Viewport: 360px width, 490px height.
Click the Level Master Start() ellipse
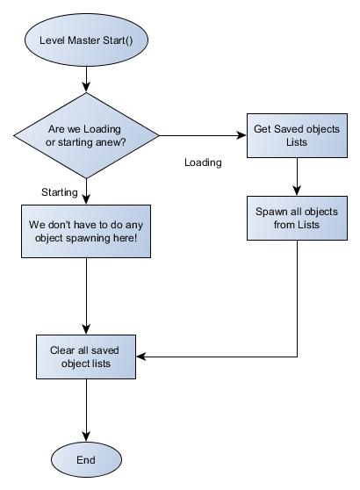86,40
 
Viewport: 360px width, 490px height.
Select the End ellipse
86,459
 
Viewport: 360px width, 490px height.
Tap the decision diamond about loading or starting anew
86,135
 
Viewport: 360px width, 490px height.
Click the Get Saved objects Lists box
297,135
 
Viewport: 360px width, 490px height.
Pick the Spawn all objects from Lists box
297,218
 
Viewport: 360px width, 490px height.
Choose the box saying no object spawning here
86,231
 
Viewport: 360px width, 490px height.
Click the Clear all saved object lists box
86,357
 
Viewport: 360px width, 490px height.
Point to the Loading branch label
203,162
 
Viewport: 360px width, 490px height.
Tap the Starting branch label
60,192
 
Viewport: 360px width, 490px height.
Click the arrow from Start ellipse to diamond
86,79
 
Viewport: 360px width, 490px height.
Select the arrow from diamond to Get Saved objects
203,135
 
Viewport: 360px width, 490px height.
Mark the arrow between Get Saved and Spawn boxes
297,177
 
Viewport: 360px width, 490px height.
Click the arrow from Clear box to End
86,410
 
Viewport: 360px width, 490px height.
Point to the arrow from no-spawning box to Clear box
86,296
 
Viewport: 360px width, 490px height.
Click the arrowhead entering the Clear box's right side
140,357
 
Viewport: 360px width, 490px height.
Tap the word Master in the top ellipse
84,40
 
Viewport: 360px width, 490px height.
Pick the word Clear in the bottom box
62,350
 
